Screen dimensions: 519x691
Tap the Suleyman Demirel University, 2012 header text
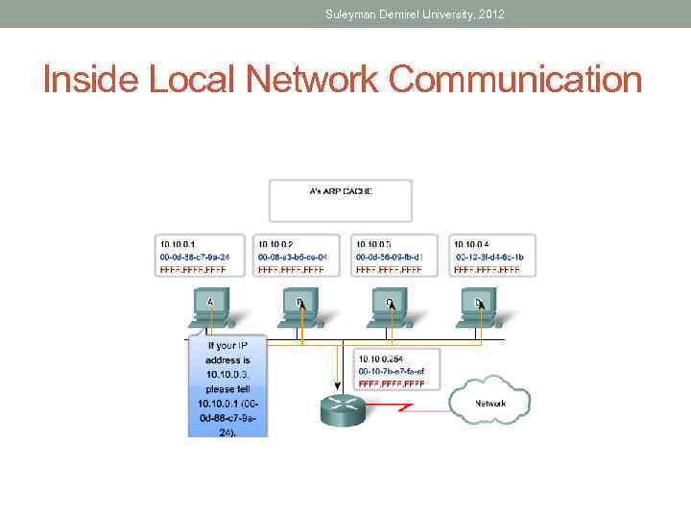coord(415,13)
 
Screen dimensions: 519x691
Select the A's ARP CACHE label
coord(341,191)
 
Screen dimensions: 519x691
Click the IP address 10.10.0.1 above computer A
coord(179,244)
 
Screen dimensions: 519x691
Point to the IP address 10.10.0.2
coord(276,244)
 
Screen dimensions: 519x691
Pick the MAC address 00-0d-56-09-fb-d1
coord(390,257)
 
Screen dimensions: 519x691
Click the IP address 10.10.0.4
coord(472,244)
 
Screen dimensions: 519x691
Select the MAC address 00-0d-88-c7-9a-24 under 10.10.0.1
coord(195,257)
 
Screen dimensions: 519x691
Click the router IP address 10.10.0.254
coord(378,358)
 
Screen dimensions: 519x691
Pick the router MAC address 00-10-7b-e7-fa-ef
coord(392,370)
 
